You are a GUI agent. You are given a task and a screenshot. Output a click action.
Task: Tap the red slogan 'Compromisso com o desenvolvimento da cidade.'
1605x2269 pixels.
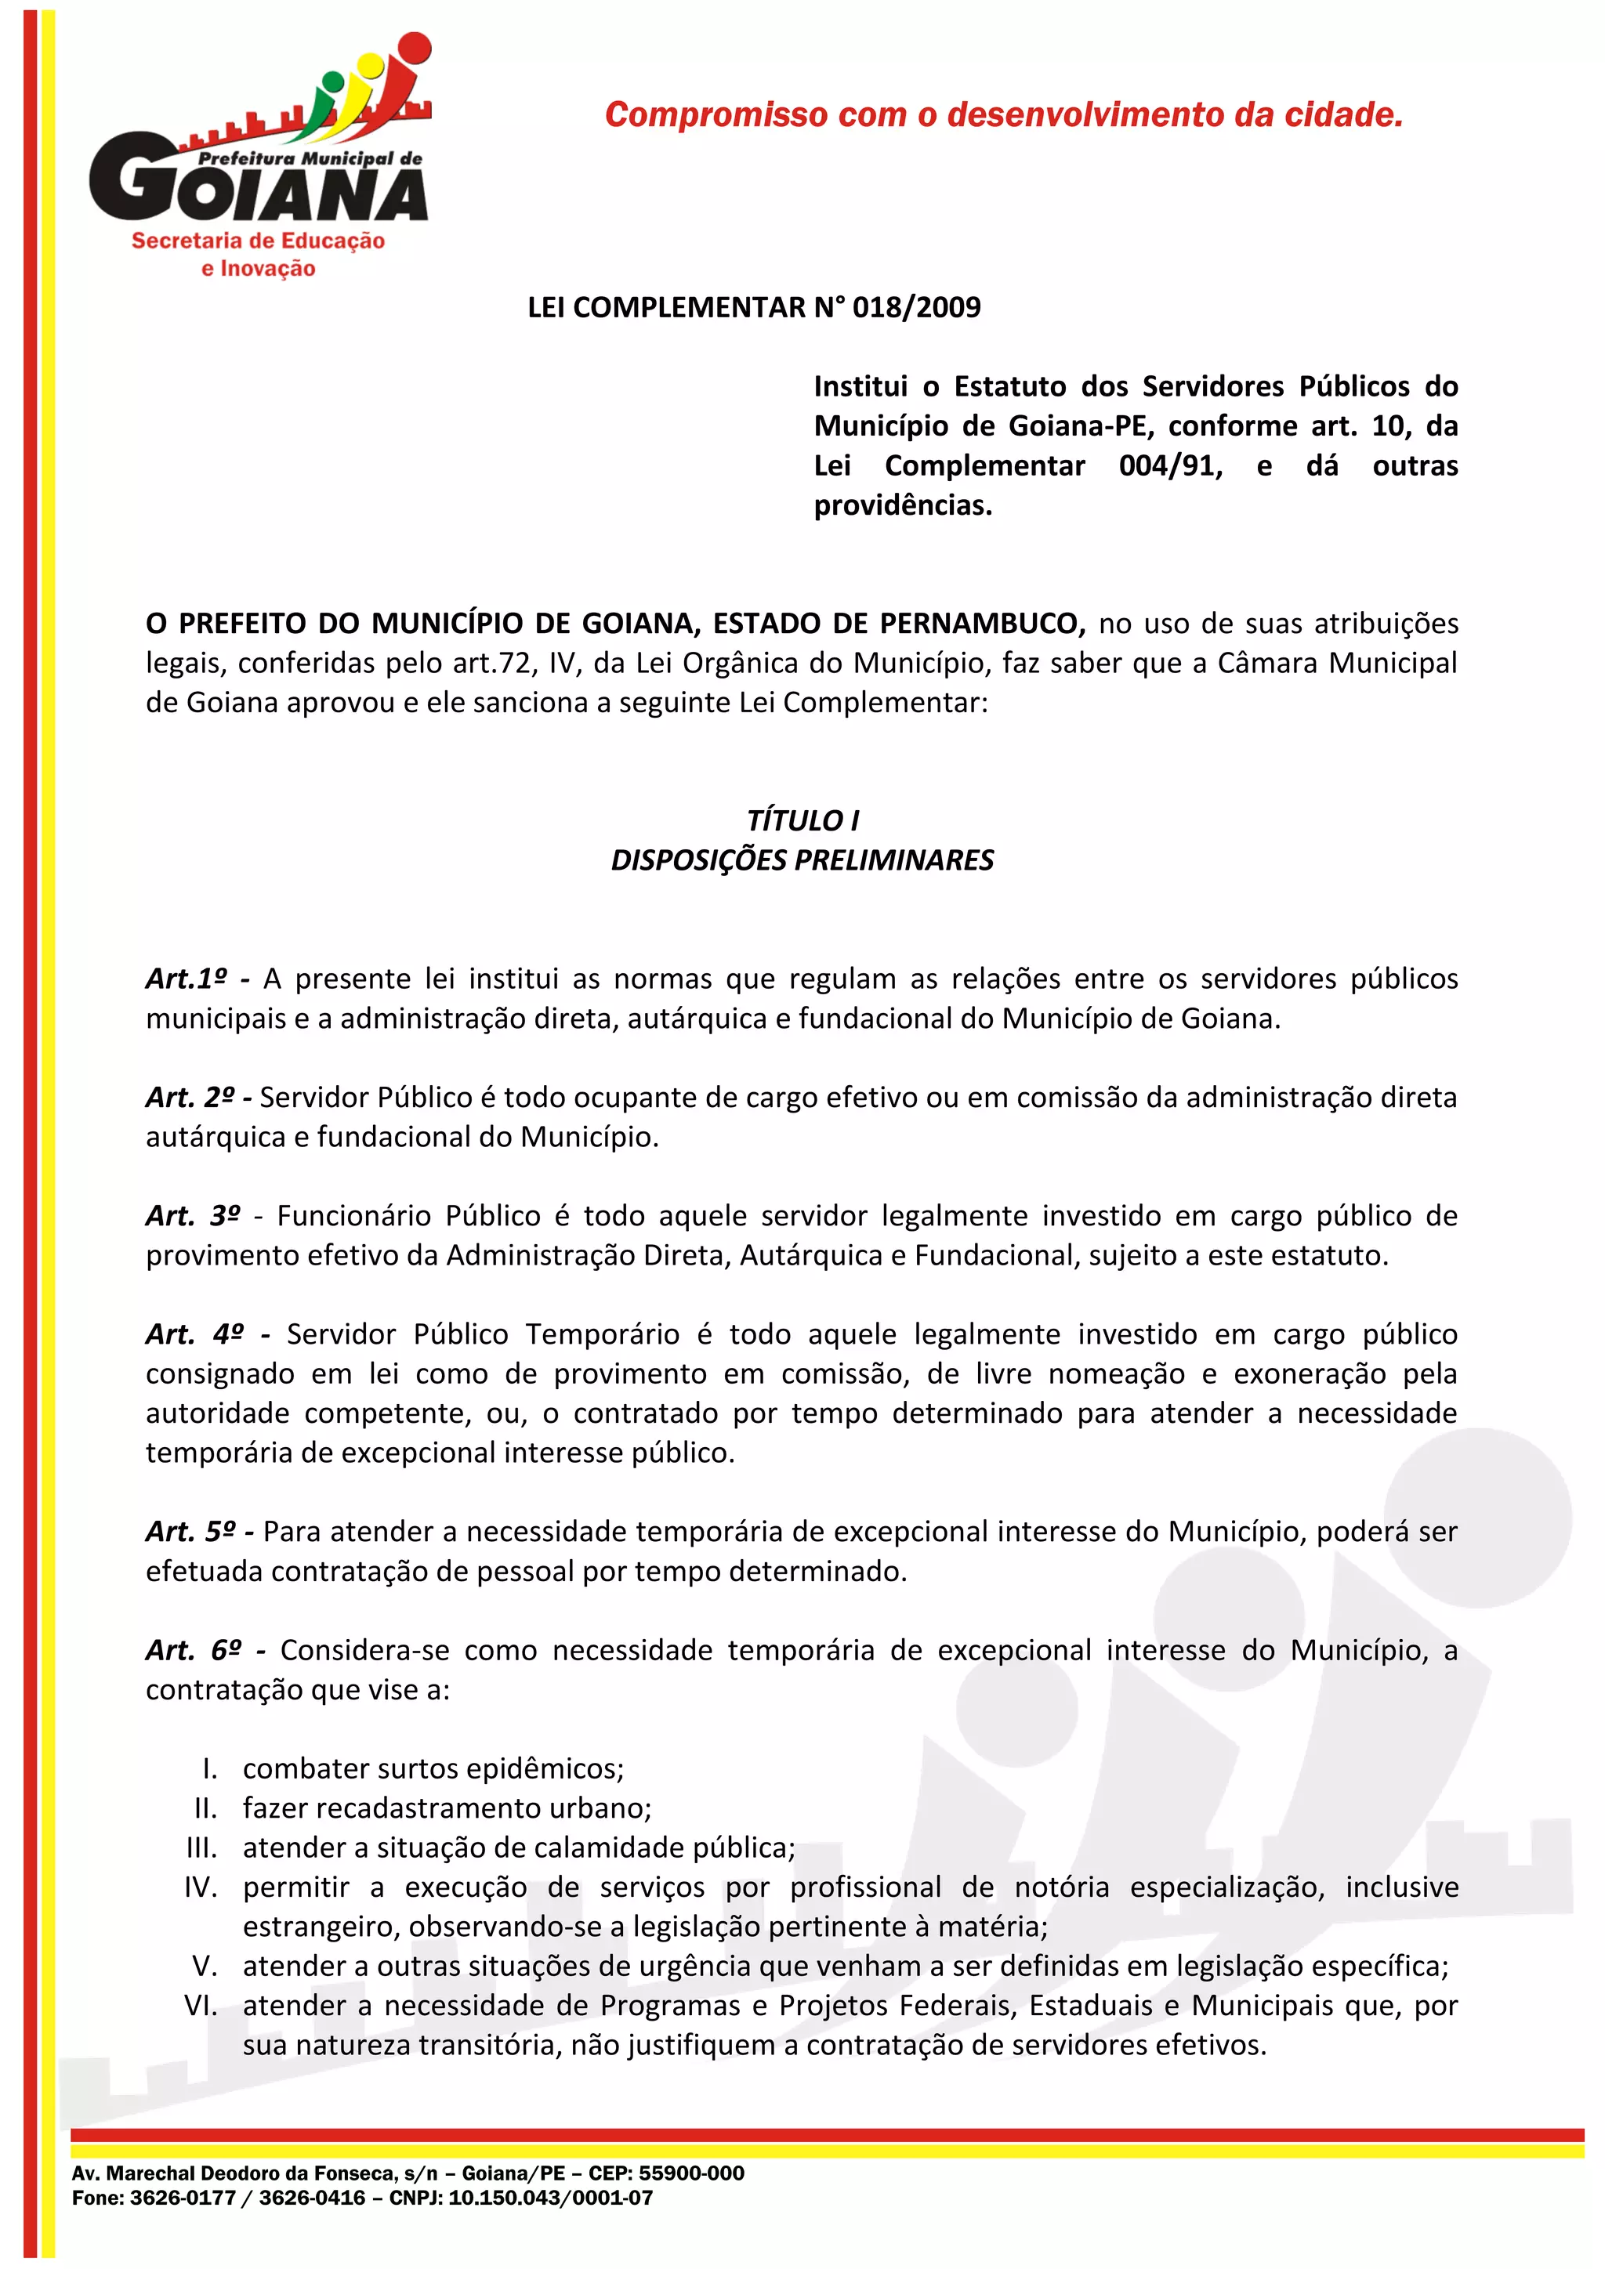click(1003, 114)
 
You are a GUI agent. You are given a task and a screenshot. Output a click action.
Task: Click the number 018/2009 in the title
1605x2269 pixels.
click(916, 307)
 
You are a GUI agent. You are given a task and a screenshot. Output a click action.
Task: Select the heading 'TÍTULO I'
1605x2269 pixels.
click(802, 820)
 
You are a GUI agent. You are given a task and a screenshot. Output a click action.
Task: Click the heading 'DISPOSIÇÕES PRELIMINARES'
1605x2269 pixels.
click(802, 859)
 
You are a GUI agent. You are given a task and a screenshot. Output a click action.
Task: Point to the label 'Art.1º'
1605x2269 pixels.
click(186, 979)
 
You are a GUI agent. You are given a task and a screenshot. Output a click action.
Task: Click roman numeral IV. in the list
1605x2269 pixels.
click(201, 1887)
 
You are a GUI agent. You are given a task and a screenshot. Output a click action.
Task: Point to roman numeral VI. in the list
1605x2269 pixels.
click(201, 2006)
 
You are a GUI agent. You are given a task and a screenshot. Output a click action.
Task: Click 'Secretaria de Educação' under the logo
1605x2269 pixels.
click(258, 241)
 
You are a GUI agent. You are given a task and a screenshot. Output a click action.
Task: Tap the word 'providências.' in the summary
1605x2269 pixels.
click(902, 506)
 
